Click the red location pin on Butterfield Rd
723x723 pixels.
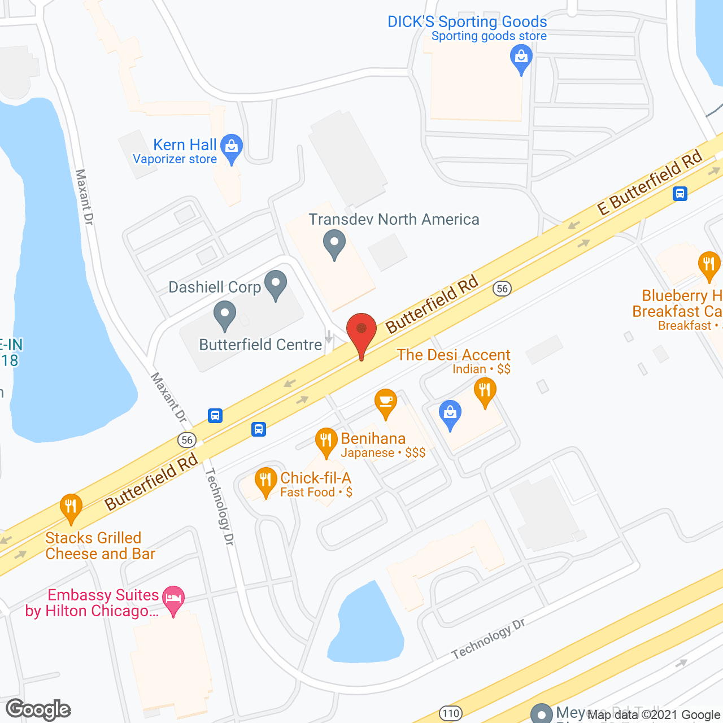361,333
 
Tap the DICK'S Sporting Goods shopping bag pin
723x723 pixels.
521,58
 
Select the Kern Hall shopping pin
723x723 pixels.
231,147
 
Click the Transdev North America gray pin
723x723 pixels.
334,244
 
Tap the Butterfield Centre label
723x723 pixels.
260,345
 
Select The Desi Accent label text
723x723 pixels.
453,355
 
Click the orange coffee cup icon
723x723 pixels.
386,402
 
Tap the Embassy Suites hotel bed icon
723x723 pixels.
173,599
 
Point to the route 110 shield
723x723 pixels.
450,713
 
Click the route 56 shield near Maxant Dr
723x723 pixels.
186,439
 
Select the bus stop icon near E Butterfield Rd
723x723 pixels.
680,194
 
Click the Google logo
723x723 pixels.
38,709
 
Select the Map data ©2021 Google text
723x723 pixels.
654,715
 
